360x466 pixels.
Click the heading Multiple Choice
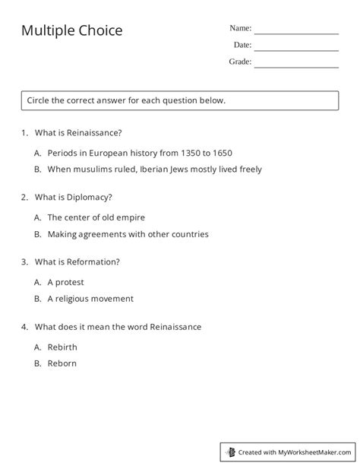coord(71,30)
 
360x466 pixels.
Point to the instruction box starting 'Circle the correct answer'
coord(180,100)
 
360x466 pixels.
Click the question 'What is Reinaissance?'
coord(78,132)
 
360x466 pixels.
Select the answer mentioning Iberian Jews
coord(154,169)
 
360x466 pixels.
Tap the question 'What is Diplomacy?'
coord(74,197)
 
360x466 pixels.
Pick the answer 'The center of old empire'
coord(96,217)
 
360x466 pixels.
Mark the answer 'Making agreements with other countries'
coord(128,234)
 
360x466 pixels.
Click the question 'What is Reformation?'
coord(77,262)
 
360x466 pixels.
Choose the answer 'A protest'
coord(66,282)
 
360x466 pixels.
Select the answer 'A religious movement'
coord(90,299)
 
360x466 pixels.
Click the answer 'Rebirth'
coord(62,347)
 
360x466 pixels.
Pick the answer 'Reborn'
coord(62,363)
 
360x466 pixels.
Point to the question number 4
coord(25,327)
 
